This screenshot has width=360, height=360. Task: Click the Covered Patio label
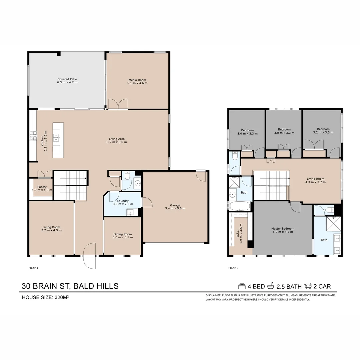[x=67, y=79]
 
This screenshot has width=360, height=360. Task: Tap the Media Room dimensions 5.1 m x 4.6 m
[x=137, y=83]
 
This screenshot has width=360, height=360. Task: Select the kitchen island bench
[x=58, y=140]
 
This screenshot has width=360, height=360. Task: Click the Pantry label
[x=42, y=187]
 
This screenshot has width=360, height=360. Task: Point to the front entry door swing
[x=89, y=256]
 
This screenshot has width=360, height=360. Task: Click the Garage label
[x=175, y=205]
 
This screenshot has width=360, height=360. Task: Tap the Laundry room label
[x=123, y=201]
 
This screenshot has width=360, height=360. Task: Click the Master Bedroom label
[x=283, y=229]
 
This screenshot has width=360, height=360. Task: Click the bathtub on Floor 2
[x=240, y=206]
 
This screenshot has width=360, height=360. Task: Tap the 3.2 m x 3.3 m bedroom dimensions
[x=323, y=133]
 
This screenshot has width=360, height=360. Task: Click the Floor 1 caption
[x=33, y=268]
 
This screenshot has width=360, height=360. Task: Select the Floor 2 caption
[x=233, y=268]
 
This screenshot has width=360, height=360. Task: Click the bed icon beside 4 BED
[x=242, y=286]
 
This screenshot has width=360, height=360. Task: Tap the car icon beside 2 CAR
[x=308, y=286]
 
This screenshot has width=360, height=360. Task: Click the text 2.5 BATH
[x=289, y=286]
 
